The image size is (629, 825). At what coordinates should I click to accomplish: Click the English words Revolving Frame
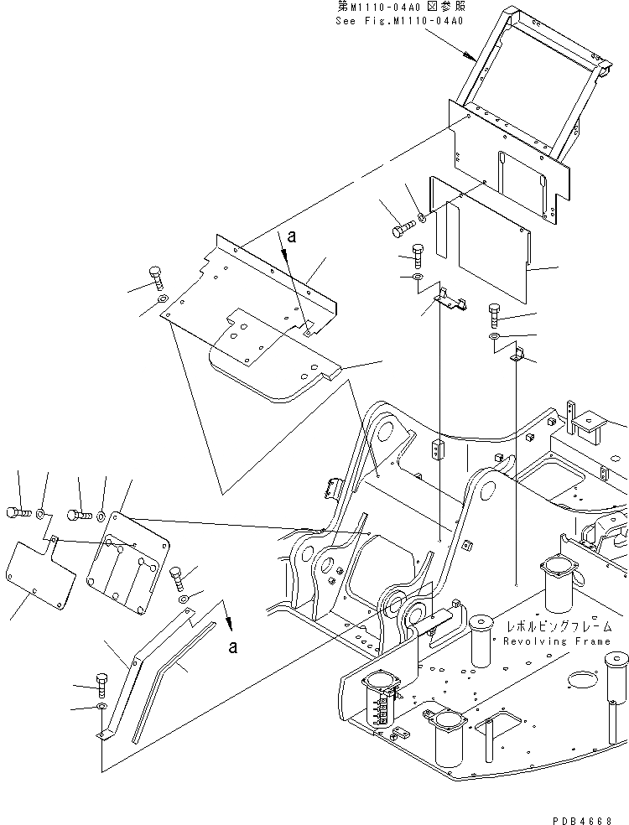557,641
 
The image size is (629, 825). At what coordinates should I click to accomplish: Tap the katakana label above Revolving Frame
558,626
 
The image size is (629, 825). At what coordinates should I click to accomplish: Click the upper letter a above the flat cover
291,237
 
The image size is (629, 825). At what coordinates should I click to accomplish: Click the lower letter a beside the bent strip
232,646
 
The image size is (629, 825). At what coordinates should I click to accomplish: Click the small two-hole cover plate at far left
37,571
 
